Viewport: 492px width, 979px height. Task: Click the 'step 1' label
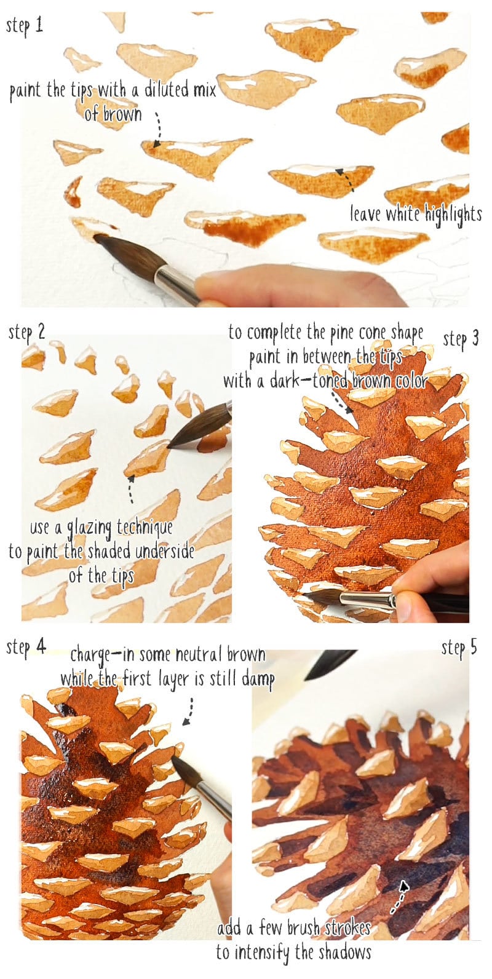tap(25, 26)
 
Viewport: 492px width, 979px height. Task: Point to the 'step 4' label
tap(26, 647)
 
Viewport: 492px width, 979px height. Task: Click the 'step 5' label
tap(459, 648)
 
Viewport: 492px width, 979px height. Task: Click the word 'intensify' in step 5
tap(263, 953)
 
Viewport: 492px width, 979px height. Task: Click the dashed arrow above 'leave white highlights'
tap(344, 178)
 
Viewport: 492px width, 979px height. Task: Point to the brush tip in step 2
tap(174, 442)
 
